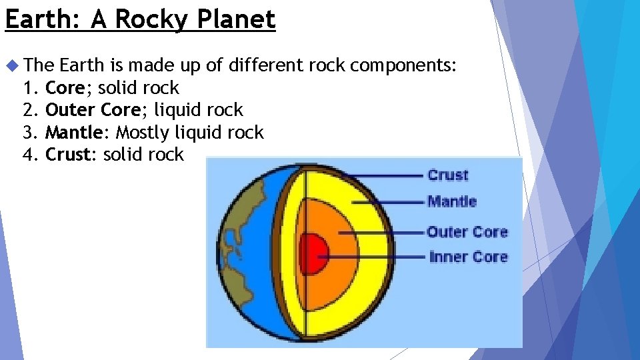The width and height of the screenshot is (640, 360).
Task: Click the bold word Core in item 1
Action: [65, 88]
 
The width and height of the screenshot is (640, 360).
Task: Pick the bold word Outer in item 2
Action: [66, 110]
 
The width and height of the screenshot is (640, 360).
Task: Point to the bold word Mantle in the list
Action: [73, 133]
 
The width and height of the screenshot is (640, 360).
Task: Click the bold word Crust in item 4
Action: [67, 155]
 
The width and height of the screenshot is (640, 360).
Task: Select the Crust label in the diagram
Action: [448, 175]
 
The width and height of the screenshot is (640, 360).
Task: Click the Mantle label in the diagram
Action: [452, 201]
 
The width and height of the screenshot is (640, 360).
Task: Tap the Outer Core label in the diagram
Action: [467, 232]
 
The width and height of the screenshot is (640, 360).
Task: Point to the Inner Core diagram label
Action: [469, 257]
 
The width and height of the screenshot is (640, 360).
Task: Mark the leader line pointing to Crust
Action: [387, 175]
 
